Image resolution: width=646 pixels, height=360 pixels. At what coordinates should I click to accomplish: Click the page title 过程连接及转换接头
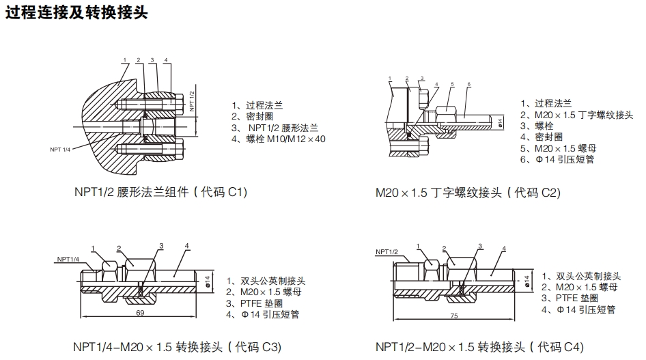pos(76,14)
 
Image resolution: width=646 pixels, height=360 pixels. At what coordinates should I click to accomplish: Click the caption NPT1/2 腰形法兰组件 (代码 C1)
pos(160,193)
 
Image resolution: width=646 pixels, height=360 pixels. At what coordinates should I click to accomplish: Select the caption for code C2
pos(468,193)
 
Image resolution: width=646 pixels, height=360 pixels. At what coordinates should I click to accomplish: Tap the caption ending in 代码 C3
pos(177,346)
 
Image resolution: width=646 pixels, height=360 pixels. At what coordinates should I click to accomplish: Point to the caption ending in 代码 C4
pos(480,346)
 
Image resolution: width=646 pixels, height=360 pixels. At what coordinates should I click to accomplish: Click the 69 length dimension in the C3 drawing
pos(140,313)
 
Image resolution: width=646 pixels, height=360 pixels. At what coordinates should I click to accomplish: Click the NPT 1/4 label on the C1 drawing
pos(59,148)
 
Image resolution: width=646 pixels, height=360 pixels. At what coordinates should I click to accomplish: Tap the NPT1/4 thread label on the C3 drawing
pos(68,259)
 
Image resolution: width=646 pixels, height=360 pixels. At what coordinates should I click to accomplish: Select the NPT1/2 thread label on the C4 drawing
pos(387,252)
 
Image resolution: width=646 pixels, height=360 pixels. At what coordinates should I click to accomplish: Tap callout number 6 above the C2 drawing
pos(469,84)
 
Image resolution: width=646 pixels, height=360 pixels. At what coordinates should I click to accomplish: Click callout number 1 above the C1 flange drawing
pos(124,60)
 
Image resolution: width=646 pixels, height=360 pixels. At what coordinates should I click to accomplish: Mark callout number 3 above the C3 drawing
pos(161,245)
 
